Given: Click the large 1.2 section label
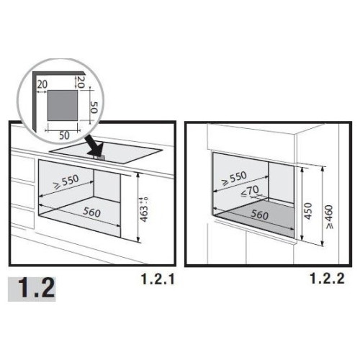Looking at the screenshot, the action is tap(37, 288).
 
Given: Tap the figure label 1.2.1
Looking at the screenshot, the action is tap(158, 279).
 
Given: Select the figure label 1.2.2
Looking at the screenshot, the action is tap(328, 279).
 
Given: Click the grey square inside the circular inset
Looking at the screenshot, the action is tap(63, 105).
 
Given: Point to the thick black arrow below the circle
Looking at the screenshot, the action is tap(94, 145).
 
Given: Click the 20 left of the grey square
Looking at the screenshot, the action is tap(42, 84).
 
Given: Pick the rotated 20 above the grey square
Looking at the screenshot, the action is tap(81, 82).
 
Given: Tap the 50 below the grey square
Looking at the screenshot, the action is tap(64, 135).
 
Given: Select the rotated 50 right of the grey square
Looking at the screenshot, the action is tap(94, 107).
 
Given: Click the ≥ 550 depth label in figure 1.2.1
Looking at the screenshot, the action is tap(66, 182).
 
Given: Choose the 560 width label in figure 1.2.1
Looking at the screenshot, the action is tap(91, 212).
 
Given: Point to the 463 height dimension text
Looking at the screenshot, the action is tap(144, 210).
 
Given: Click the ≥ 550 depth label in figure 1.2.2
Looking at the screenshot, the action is tap(234, 179).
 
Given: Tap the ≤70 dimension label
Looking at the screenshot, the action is tap(250, 192).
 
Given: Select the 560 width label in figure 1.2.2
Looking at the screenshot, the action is tap(260, 215).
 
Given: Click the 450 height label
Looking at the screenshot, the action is tap(307, 211).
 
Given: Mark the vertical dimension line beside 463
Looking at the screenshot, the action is tap(138, 208).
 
